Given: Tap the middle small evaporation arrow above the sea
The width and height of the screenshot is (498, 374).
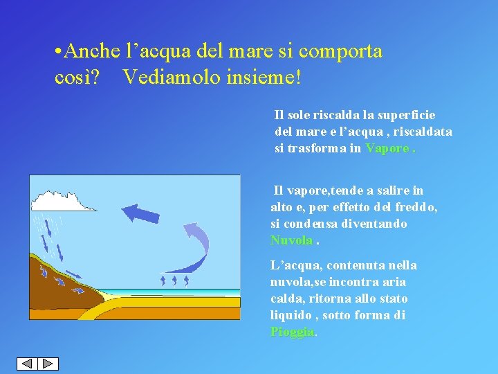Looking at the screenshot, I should [175, 279].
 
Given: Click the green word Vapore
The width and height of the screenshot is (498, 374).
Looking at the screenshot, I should [387, 148].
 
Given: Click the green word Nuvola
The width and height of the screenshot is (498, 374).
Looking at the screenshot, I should [291, 240].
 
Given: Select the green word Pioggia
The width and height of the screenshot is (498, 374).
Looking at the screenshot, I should [293, 332].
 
